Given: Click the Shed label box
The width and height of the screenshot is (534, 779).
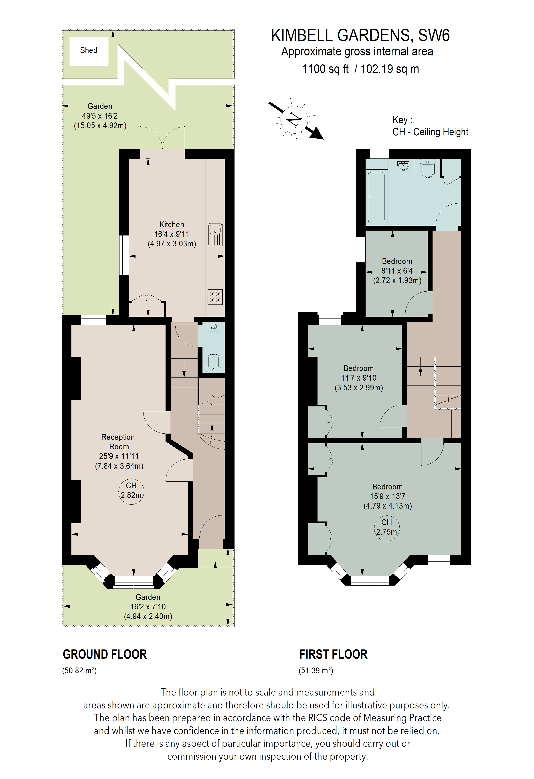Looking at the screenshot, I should click(x=89, y=51).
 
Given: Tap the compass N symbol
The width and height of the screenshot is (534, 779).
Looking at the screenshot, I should click(x=294, y=119).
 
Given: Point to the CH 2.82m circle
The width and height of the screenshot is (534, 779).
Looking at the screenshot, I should click(x=131, y=490).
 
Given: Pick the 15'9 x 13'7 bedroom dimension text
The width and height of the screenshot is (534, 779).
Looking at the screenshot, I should click(x=387, y=496).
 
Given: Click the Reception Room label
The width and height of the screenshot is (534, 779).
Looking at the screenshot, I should click(x=119, y=442).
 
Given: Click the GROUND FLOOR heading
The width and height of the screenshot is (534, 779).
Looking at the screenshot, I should click(x=105, y=654).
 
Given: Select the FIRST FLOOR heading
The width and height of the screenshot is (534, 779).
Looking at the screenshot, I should click(x=333, y=654).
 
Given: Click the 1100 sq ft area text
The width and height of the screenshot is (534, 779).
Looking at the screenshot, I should click(x=325, y=69).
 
